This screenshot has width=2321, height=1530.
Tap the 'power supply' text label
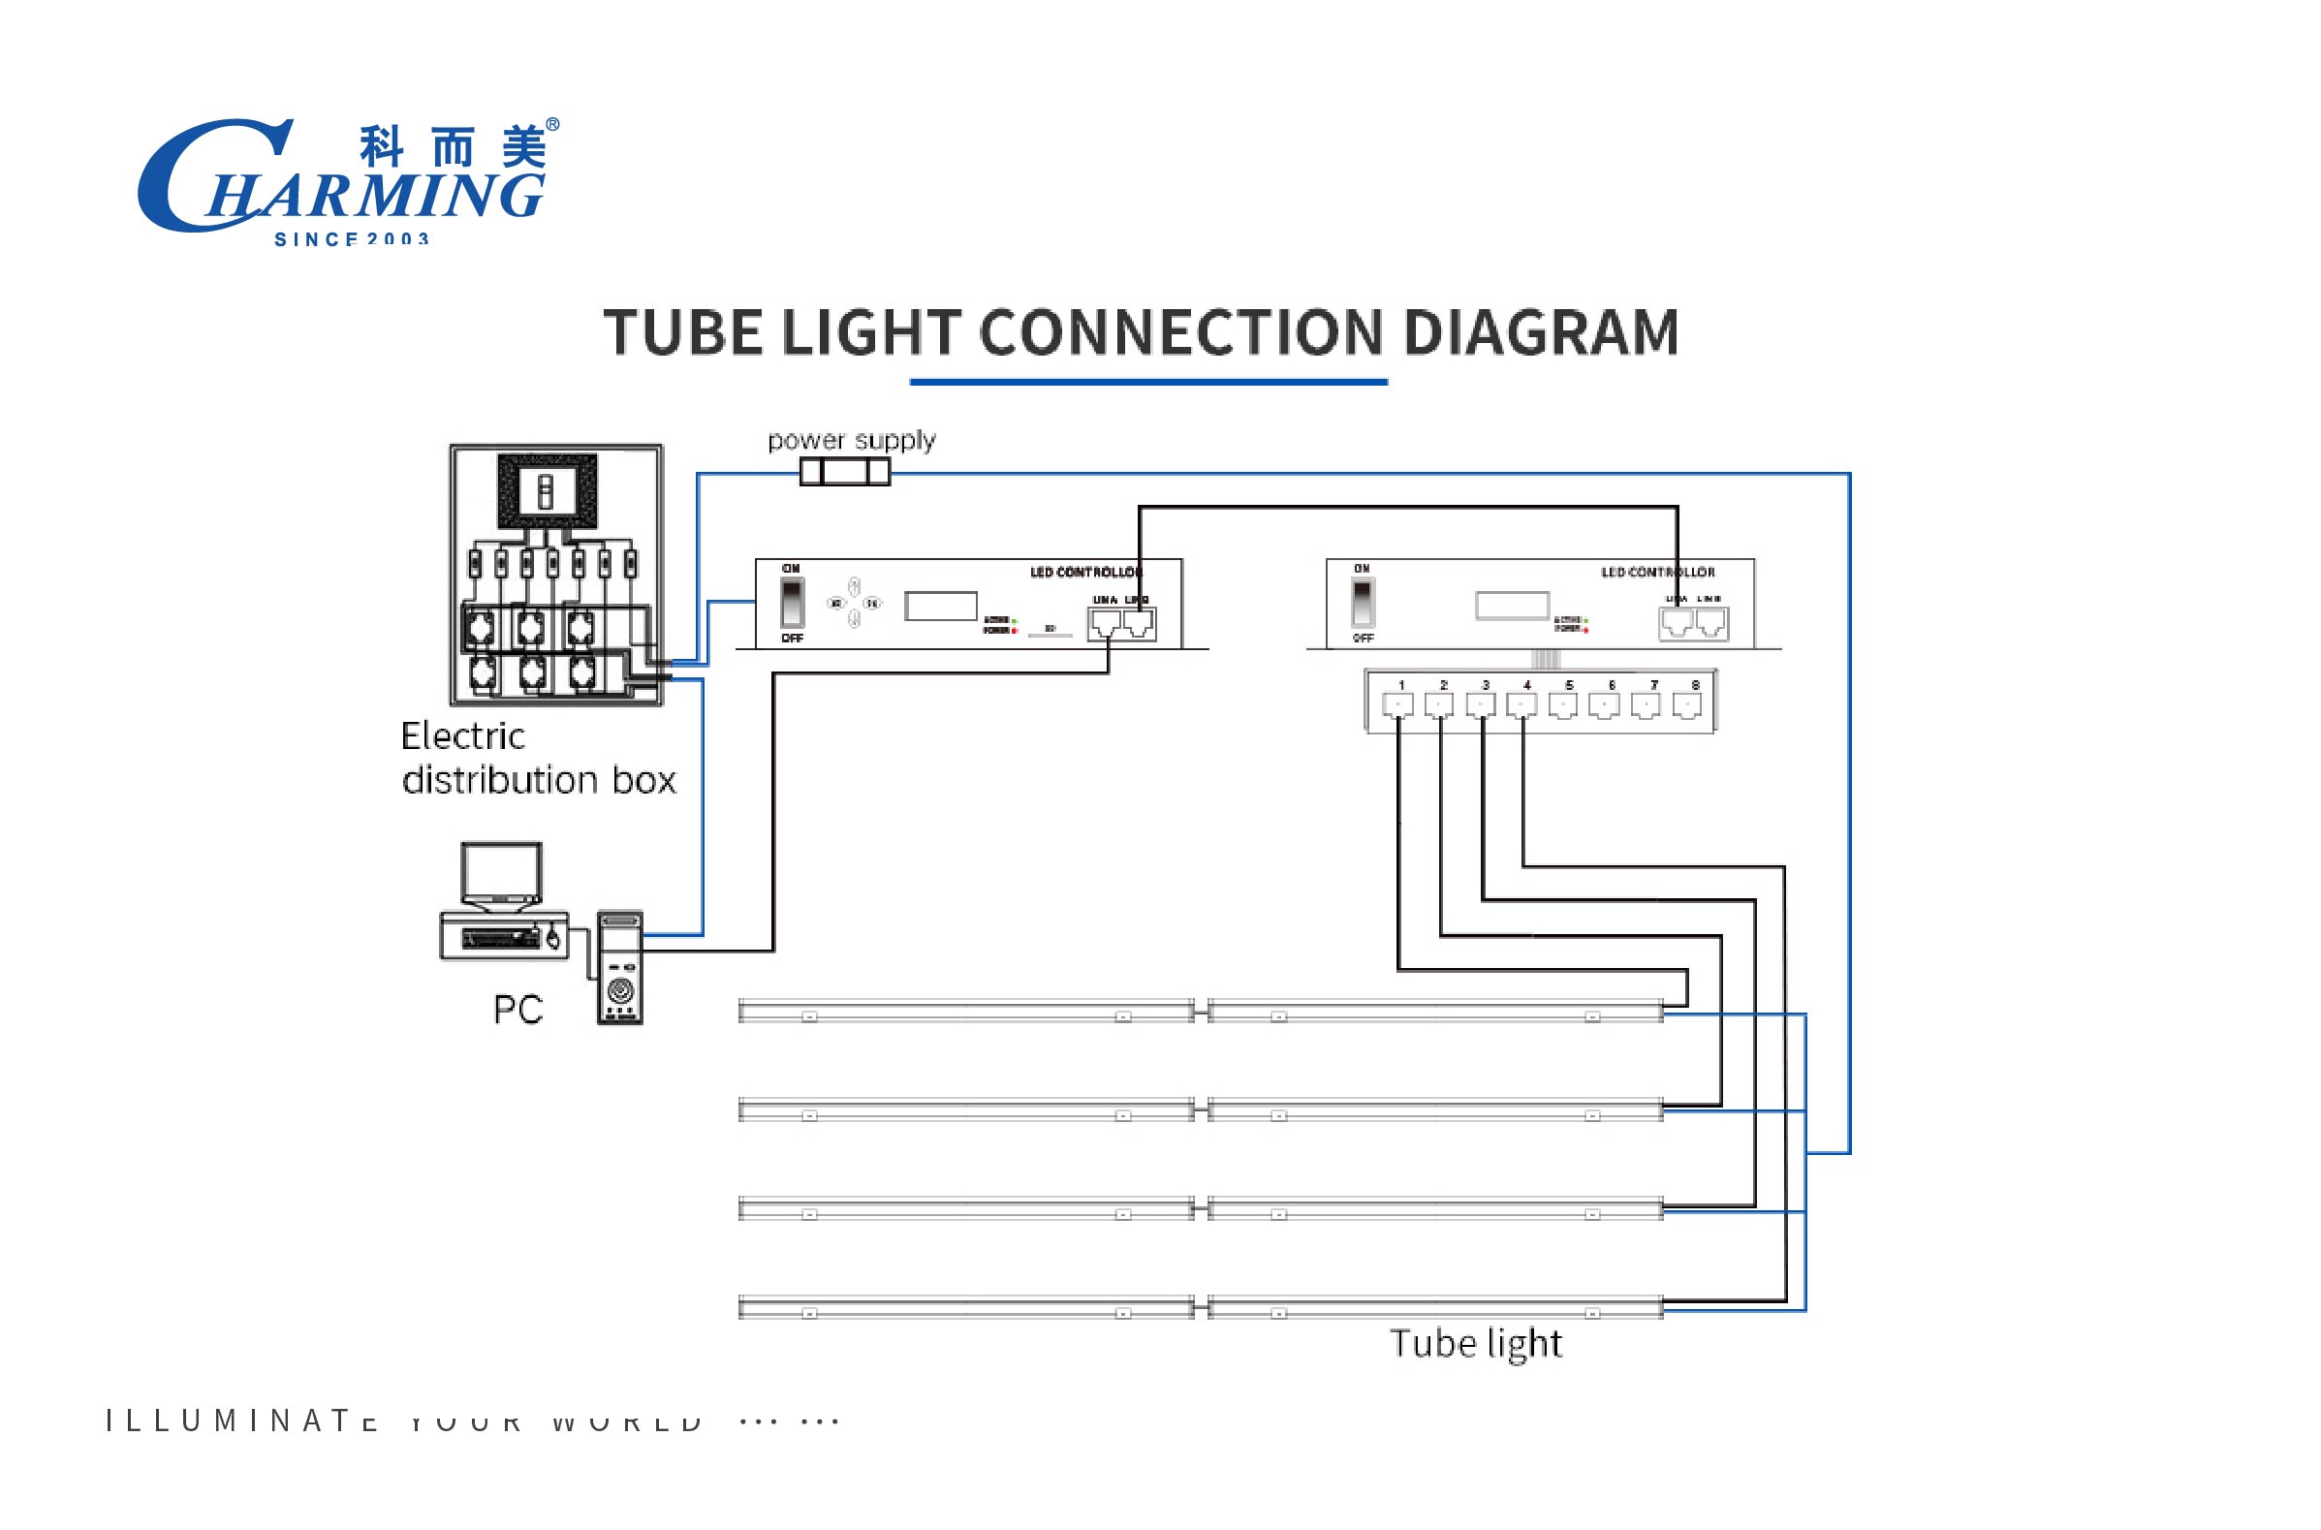[x=851, y=441]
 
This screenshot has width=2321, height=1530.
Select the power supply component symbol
[x=845, y=472]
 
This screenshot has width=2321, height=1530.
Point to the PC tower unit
[x=619, y=967]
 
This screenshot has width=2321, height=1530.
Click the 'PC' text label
[x=518, y=1010]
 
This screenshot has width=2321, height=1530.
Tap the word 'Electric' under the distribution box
[x=462, y=736]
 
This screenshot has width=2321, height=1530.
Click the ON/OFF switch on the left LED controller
[x=791, y=603]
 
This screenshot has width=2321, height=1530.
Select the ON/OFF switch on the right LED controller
[x=1362, y=603]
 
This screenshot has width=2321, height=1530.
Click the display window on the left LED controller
[x=940, y=606]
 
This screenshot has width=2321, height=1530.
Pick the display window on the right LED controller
[x=1511, y=606]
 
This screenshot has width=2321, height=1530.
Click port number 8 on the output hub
[x=1687, y=703]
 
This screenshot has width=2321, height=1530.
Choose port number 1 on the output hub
[x=1398, y=703]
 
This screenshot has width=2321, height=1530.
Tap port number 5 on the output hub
[x=1563, y=703]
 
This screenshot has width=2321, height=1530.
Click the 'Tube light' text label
[x=1475, y=1345]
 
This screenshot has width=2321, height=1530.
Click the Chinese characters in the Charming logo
[x=453, y=147]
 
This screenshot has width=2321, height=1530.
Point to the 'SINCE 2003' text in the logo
[x=351, y=239]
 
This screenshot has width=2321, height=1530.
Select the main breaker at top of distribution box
[x=547, y=491]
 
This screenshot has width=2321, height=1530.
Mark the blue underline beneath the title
[x=1148, y=382]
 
